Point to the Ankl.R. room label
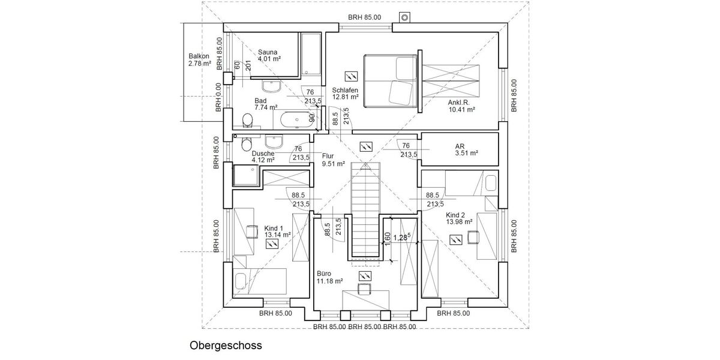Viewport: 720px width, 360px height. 461,106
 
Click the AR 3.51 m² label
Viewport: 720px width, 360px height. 466,149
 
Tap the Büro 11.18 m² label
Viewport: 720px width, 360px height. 329,277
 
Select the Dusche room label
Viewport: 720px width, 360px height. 263,157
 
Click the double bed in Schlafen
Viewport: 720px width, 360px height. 390,81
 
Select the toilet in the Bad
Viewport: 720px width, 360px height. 247,121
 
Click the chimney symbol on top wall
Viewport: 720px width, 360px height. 404,17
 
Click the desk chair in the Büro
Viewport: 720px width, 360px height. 364,289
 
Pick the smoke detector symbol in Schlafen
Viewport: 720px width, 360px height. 351,76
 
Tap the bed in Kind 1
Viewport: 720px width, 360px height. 259,280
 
